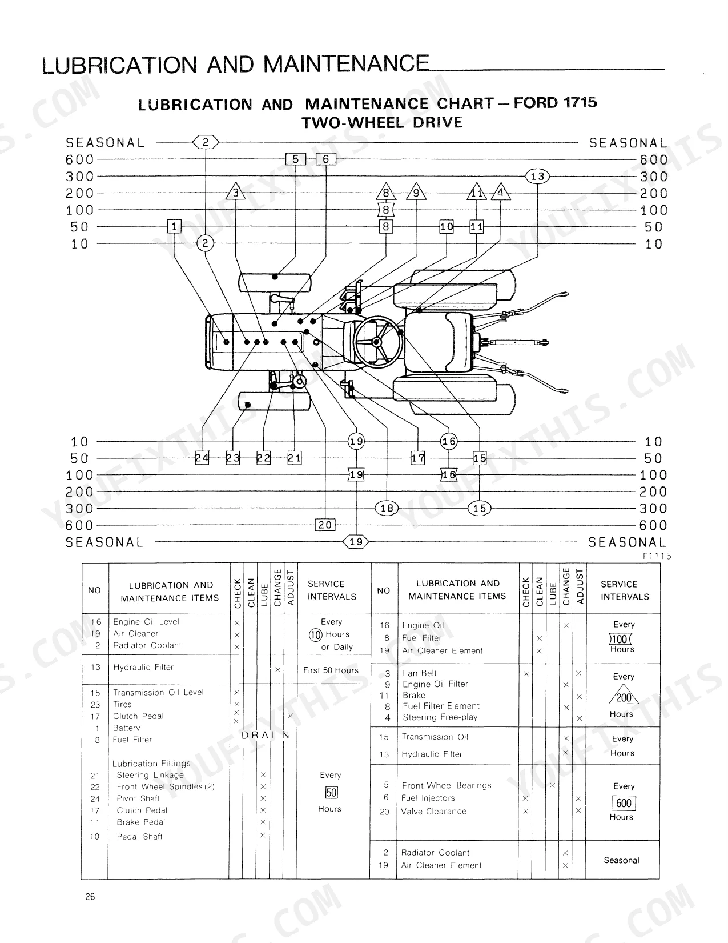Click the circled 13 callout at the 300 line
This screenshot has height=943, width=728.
point(537,176)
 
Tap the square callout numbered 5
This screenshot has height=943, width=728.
point(295,159)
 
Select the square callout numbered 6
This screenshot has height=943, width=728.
point(325,159)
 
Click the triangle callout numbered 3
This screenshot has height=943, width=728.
point(235,192)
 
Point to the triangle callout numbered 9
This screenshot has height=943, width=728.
point(416,192)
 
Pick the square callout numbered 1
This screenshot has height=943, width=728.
point(174,226)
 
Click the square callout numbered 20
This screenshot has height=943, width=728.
point(325,525)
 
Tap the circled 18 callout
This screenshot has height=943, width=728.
point(387,508)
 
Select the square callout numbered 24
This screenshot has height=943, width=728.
point(202,458)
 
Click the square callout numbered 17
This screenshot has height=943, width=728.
point(418,458)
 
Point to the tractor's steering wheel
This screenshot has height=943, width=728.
point(377,342)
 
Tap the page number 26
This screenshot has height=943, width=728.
point(90,897)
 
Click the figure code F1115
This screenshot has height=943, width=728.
point(657,556)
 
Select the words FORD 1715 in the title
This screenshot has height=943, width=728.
point(556,102)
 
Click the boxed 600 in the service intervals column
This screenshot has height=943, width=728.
point(624,803)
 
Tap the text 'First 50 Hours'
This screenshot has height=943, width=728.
point(331,670)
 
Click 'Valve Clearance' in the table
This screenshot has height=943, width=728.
point(433,811)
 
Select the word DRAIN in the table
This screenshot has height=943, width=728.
point(266,735)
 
